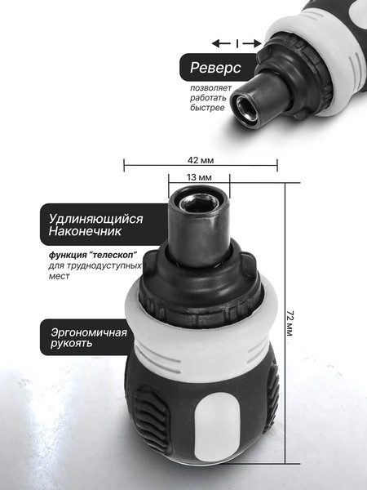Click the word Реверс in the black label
[x=215, y=67]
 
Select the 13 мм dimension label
[x=200, y=177]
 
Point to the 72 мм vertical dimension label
[x=291, y=327]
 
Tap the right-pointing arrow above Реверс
[x=254, y=42]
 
